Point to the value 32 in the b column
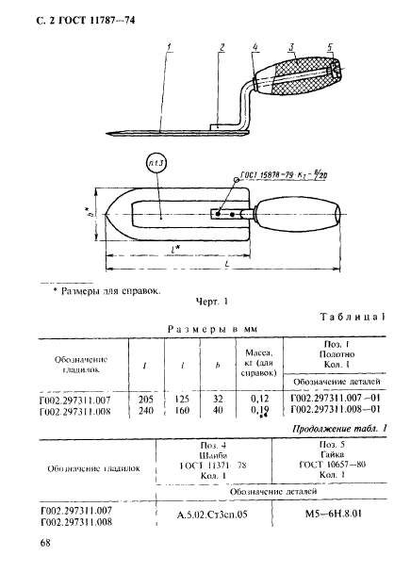[x=218, y=400]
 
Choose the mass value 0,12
[x=257, y=400]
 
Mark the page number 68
[x=46, y=543]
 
